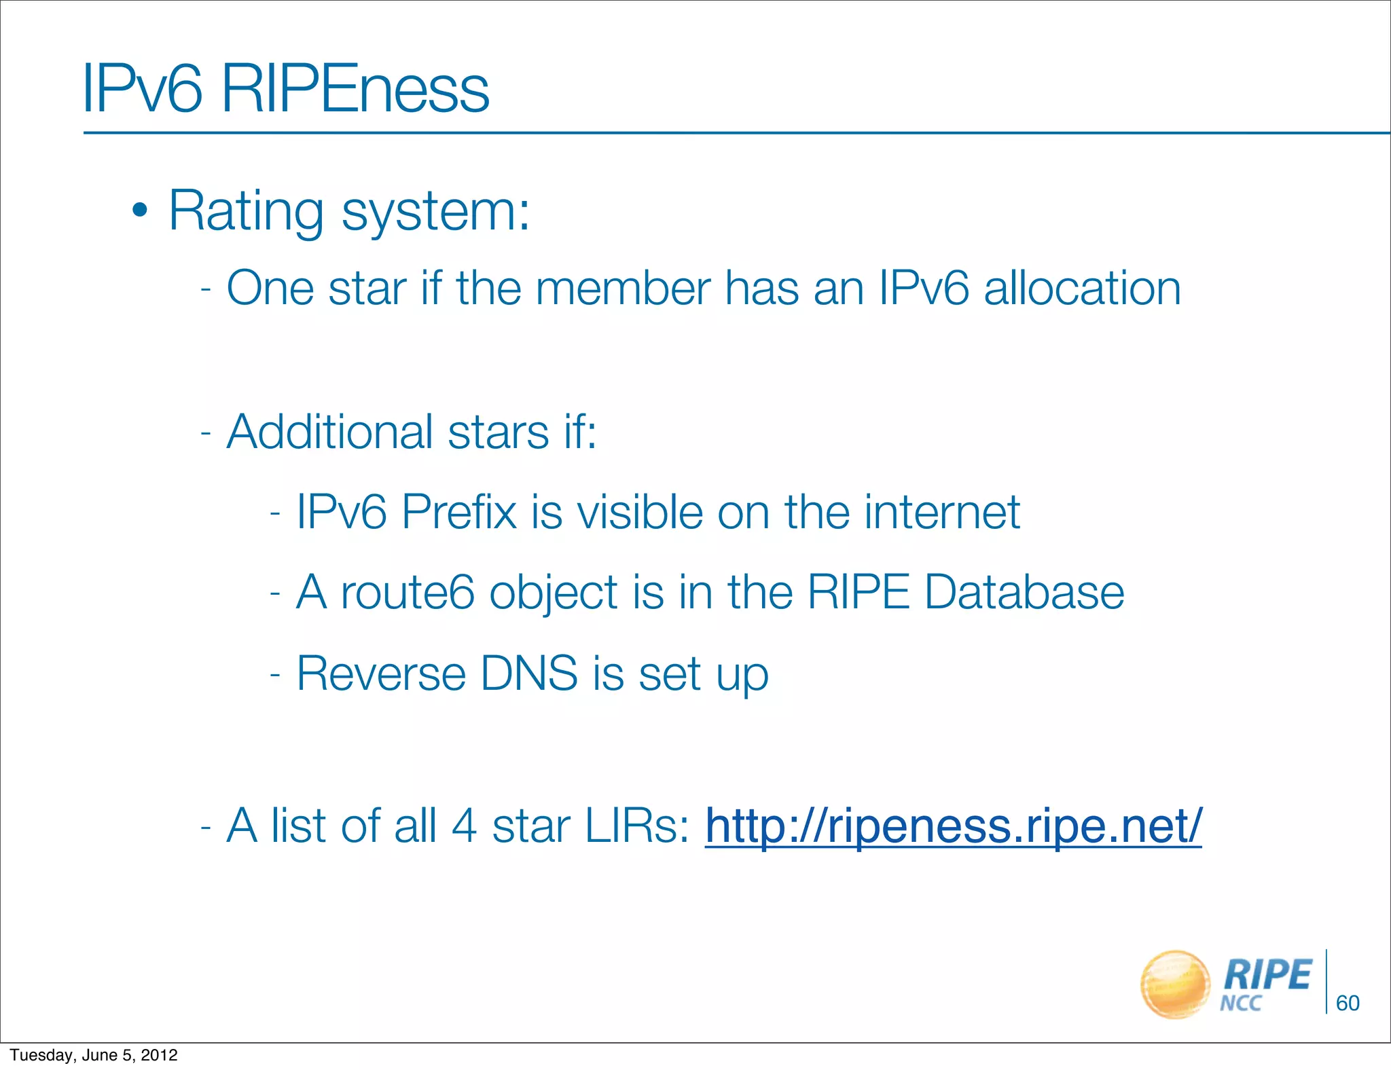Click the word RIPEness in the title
(x=355, y=89)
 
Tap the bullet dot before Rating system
(x=139, y=211)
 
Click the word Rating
(x=246, y=211)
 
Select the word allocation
(x=1083, y=289)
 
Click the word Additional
(x=329, y=432)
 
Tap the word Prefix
(x=458, y=512)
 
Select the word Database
(x=1024, y=593)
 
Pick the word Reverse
(x=381, y=674)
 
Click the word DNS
(x=529, y=674)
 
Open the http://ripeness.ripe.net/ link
(x=953, y=826)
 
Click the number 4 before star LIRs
(x=464, y=826)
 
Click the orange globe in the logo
(x=1175, y=984)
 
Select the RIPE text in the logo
(x=1267, y=976)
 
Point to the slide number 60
(x=1348, y=1003)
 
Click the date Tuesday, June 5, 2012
(x=94, y=1055)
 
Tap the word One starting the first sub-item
(x=270, y=289)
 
